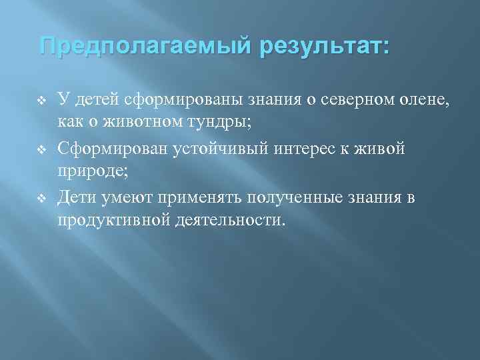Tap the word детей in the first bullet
[97, 100]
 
